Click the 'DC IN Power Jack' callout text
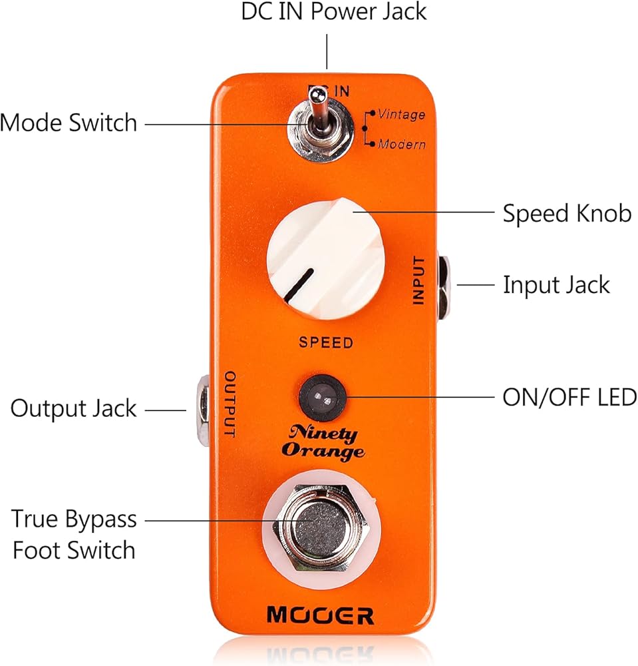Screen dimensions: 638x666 pyautogui.click(x=333, y=11)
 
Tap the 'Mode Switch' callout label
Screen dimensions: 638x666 pyautogui.click(x=69, y=123)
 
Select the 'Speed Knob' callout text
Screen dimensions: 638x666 pyautogui.click(x=567, y=213)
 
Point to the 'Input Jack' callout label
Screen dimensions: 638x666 pyautogui.click(x=556, y=284)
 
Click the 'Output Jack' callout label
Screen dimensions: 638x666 pyautogui.click(x=73, y=409)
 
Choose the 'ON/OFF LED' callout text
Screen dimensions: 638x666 pyautogui.click(x=569, y=398)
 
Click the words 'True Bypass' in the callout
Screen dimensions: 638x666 pyautogui.click(x=74, y=519)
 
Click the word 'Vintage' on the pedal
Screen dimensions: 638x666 pyautogui.click(x=401, y=115)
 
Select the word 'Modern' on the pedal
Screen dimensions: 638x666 pyautogui.click(x=402, y=145)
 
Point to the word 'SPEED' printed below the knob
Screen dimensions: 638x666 pyautogui.click(x=326, y=342)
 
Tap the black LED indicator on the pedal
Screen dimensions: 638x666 pyautogui.click(x=323, y=398)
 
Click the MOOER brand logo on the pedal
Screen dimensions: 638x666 pyautogui.click(x=320, y=615)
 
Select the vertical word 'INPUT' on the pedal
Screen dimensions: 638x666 pyautogui.click(x=418, y=280)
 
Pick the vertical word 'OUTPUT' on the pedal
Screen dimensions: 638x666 pyautogui.click(x=230, y=404)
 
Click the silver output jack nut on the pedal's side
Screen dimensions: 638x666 pyautogui.click(x=203, y=410)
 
